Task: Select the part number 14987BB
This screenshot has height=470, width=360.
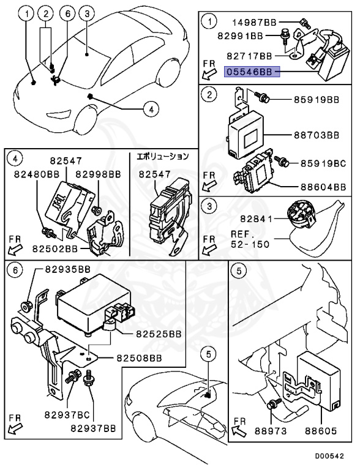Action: [255, 22]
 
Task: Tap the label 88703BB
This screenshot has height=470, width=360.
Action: [316, 135]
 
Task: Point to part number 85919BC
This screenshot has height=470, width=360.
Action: [323, 163]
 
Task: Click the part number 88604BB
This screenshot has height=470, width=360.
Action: [323, 187]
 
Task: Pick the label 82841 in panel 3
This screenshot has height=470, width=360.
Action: [256, 219]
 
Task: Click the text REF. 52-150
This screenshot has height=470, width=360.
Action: [250, 239]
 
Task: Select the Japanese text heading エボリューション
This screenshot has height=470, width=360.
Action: [163, 156]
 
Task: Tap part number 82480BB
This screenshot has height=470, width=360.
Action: [37, 174]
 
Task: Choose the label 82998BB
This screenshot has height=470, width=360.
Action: [98, 174]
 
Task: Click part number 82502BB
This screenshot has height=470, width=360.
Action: [55, 249]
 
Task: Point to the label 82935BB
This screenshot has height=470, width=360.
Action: [68, 269]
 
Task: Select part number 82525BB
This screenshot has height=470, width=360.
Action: [159, 334]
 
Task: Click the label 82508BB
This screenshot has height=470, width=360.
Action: [139, 358]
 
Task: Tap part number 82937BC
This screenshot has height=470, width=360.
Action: [67, 415]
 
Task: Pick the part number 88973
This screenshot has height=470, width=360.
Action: [271, 431]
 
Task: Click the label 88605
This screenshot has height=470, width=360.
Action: [321, 431]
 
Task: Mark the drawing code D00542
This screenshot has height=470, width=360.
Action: [329, 456]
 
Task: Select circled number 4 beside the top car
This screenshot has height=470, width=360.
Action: [151, 110]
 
